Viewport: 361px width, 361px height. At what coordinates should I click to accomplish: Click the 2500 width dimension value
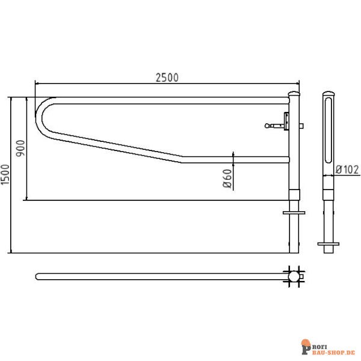click(x=168, y=77)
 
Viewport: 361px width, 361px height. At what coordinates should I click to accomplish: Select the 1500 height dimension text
click(x=5, y=175)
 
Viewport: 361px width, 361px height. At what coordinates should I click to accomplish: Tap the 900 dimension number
click(x=20, y=148)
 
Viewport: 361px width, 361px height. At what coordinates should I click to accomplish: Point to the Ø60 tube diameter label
click(x=227, y=179)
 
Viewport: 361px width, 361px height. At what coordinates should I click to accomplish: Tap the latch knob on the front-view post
click(x=268, y=126)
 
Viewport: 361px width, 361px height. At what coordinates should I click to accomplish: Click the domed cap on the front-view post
click(x=295, y=94)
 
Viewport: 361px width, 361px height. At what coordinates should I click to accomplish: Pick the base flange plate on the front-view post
click(x=294, y=212)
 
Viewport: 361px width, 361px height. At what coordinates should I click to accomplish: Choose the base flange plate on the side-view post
click(x=328, y=244)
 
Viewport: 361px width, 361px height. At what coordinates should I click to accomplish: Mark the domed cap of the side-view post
click(x=328, y=94)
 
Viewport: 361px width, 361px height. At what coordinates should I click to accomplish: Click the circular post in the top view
click(x=294, y=276)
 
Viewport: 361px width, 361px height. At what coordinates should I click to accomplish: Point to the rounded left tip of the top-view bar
click(x=38, y=276)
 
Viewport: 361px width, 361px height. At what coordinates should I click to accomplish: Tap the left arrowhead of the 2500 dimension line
click(x=38, y=84)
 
